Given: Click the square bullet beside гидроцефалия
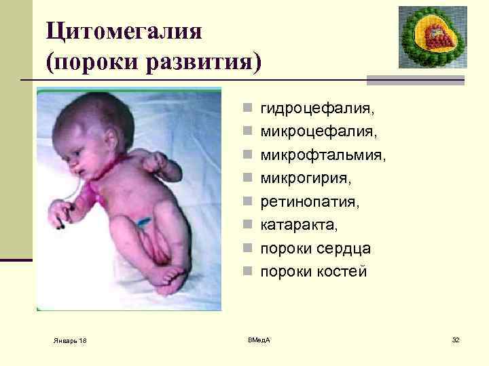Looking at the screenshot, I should click(x=251, y=108).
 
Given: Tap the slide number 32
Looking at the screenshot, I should click(x=456, y=338).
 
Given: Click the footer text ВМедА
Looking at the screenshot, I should click(x=258, y=338).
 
